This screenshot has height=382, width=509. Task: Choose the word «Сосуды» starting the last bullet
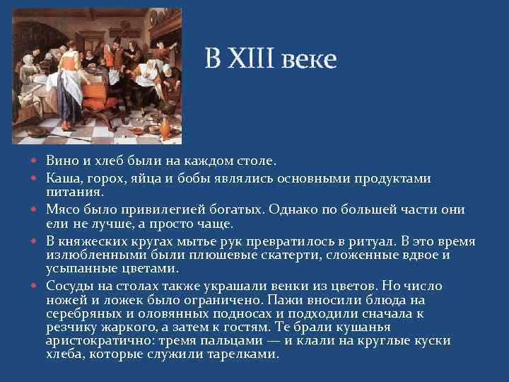(69, 286)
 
